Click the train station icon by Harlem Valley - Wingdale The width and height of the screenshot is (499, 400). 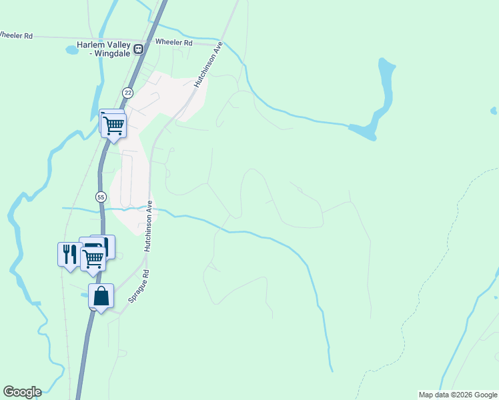pos(139,49)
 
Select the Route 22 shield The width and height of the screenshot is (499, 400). pos(127,92)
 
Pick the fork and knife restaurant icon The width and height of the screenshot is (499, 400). pos(69,254)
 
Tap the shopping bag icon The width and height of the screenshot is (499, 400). pos(101,296)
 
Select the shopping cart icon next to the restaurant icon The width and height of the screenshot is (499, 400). pos(93,257)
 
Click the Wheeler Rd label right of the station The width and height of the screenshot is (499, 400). pos(173,43)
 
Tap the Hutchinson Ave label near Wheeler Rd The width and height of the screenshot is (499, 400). pos(207,65)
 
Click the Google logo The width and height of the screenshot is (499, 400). pos(22,392)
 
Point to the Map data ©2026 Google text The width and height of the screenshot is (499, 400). pos(458,395)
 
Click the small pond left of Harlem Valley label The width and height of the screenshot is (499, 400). pos(72,50)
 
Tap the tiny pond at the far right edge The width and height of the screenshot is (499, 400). pos(494,111)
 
